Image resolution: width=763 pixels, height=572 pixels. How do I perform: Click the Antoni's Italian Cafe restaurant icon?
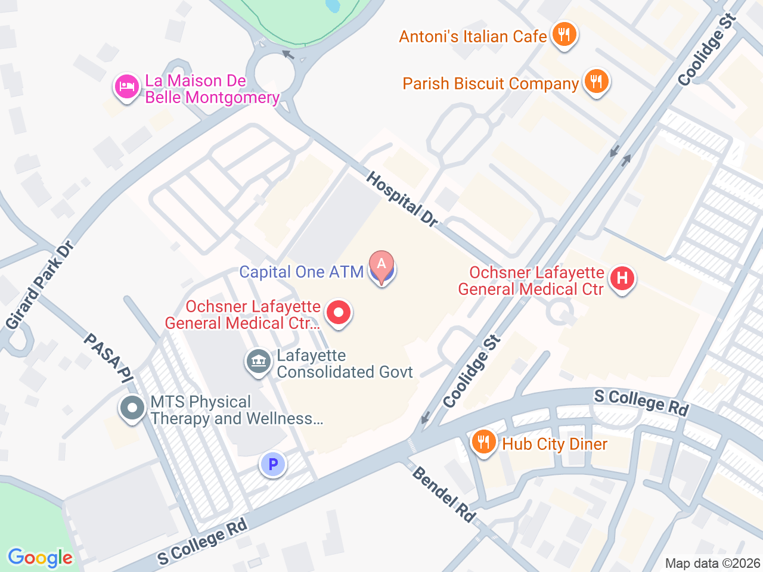point(563,35)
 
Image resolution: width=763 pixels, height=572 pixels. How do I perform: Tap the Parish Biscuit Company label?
point(491,83)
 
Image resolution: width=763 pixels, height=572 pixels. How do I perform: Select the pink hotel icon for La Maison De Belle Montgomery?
point(126,87)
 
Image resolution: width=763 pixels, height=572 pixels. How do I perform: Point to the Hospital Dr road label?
point(402,199)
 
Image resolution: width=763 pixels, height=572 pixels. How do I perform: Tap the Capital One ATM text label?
point(301,272)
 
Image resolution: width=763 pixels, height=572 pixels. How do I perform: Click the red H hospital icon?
point(622,278)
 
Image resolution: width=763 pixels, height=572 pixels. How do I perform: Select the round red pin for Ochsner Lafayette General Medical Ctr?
point(339,312)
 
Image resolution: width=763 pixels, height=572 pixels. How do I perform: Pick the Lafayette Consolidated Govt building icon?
point(259,361)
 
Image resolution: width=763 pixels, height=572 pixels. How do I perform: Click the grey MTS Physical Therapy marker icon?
point(132,409)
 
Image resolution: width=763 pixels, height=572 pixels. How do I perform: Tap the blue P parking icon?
point(273,464)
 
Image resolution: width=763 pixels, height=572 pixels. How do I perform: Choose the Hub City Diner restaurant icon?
point(484,442)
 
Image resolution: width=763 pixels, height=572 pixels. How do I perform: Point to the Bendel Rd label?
point(444,495)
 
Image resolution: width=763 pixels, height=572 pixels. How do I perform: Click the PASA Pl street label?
point(108,357)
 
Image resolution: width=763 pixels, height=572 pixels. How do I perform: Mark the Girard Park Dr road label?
point(40,285)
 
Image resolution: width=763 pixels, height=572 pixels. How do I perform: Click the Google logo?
point(40,558)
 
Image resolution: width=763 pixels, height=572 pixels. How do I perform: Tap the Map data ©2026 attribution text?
point(712,563)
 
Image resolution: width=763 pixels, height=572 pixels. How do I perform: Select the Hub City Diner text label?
point(554,444)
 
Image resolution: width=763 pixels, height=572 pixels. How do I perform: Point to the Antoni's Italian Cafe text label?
point(473,36)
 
